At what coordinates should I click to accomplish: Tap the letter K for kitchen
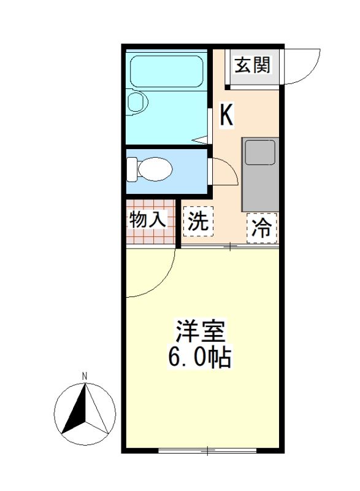pyautogui.click(x=226, y=115)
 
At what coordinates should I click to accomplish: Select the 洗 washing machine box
pyautogui.click(x=198, y=222)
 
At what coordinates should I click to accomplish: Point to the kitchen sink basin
pyautogui.click(x=259, y=152)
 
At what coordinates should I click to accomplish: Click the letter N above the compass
pyautogui.click(x=85, y=376)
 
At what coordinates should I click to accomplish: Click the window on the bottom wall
pyautogui.click(x=207, y=451)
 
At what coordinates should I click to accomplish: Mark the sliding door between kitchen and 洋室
pyautogui.click(x=230, y=247)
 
